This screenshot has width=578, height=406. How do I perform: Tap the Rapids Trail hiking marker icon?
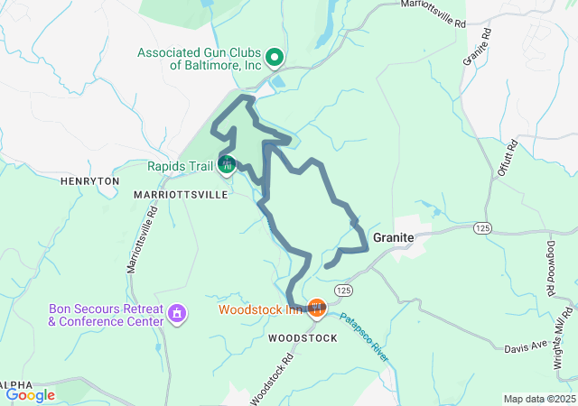[x=227, y=165]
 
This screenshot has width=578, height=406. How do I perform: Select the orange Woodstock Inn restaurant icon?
[x=316, y=309]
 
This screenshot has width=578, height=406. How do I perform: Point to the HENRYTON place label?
[x=89, y=181]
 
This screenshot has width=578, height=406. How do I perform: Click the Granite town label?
[x=394, y=236]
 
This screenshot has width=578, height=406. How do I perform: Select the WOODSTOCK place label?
[x=303, y=338]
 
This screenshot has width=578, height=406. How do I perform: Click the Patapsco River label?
[x=364, y=337]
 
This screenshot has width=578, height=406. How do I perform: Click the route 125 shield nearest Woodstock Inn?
[x=341, y=290]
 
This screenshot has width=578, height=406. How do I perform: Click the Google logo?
[x=30, y=394]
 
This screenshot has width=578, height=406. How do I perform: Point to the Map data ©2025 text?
[x=538, y=399]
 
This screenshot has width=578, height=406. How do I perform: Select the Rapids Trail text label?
[x=181, y=165]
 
